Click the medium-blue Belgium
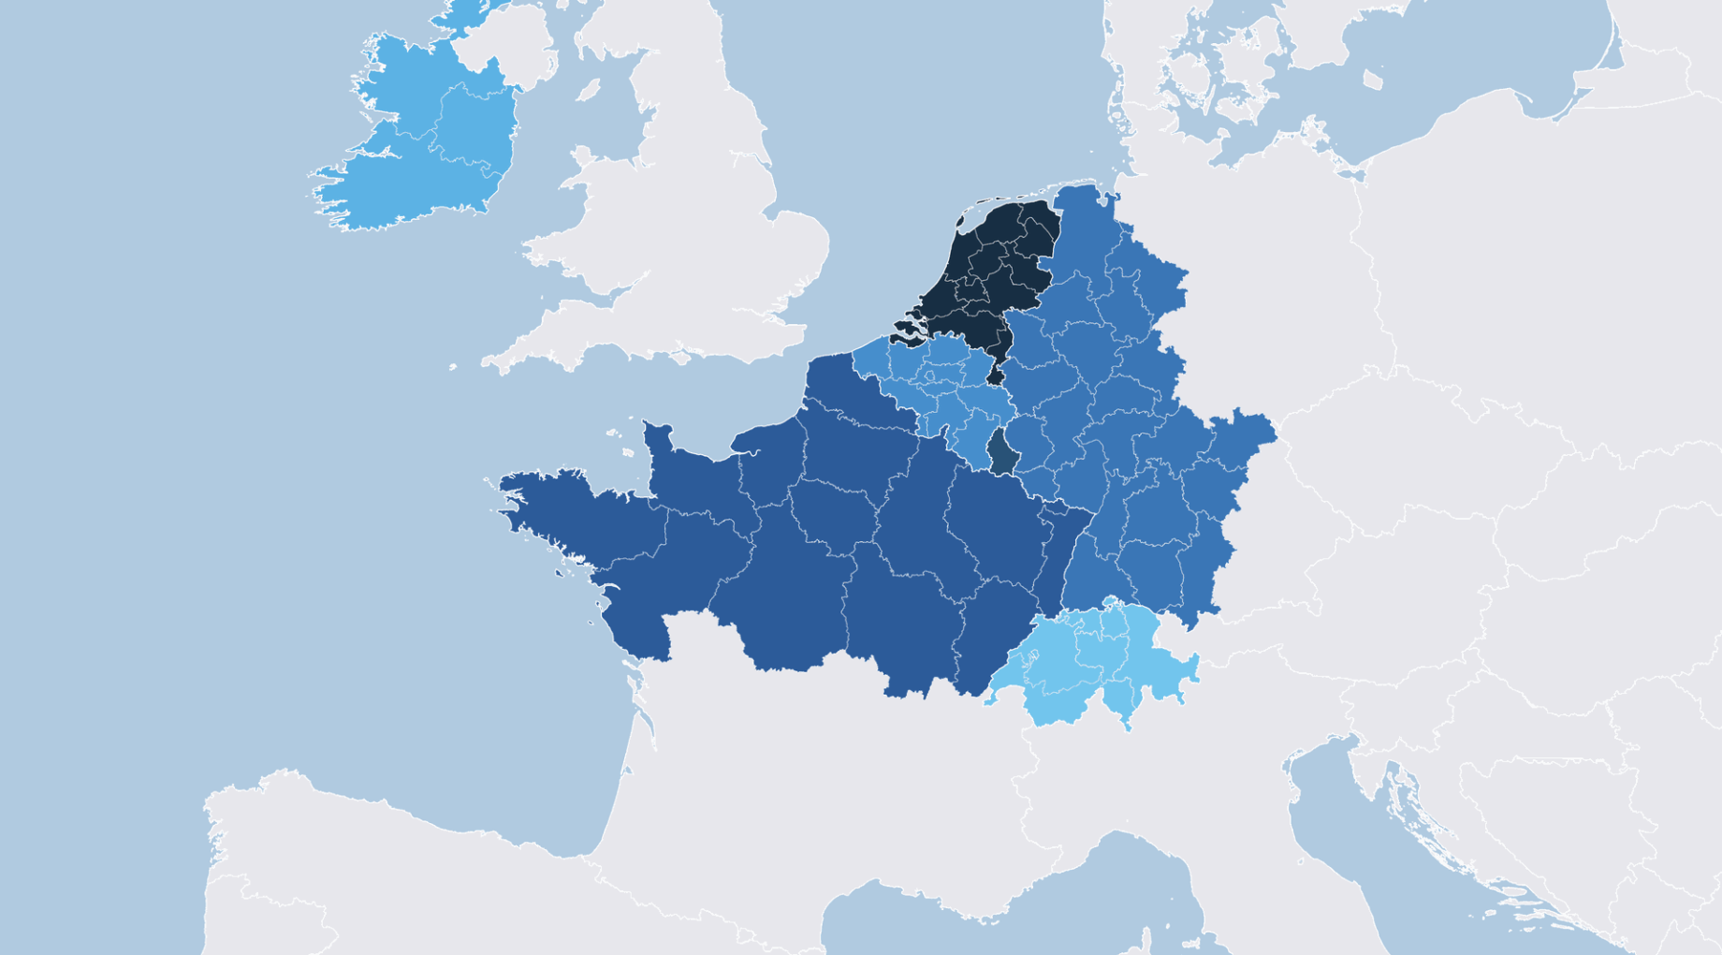click(945, 384)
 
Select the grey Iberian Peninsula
click(421, 880)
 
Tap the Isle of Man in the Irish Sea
click(589, 90)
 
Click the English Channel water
click(655, 393)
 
